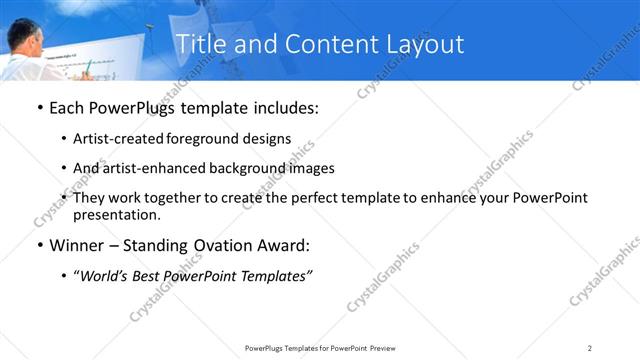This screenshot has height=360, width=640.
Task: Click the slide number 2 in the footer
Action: pyautogui.click(x=589, y=347)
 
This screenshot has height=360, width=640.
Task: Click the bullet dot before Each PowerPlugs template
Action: pyautogui.click(x=39, y=108)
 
